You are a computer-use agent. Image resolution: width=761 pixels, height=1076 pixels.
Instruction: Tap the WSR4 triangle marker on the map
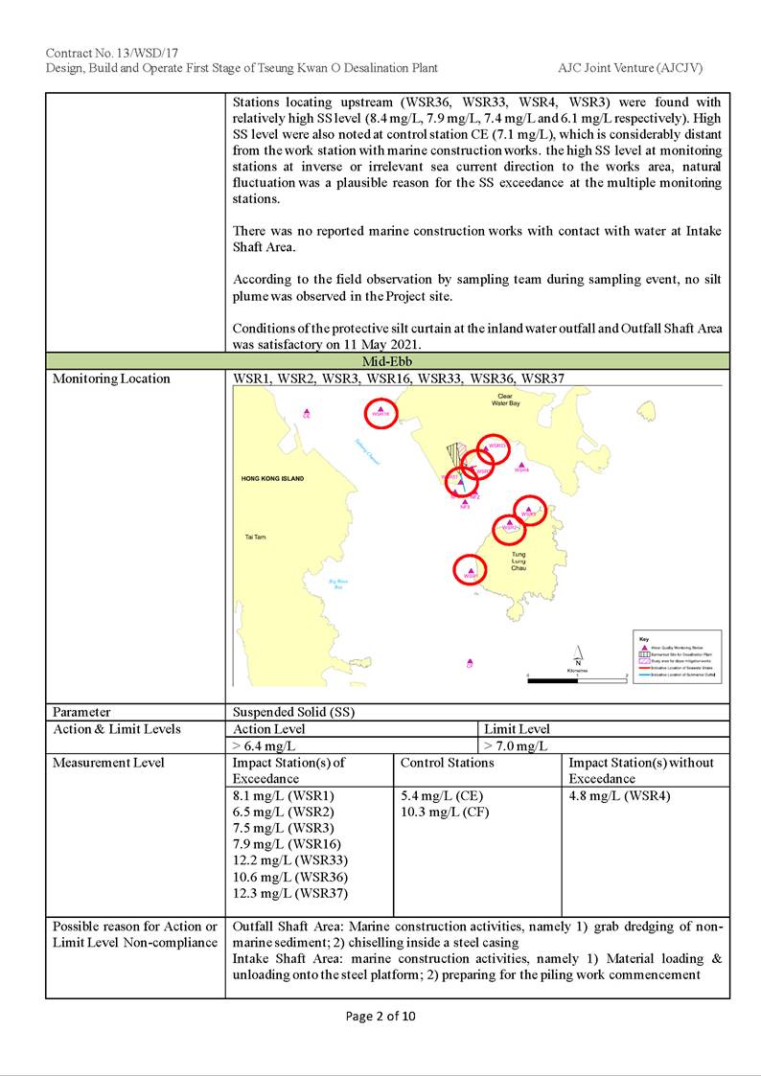(x=520, y=464)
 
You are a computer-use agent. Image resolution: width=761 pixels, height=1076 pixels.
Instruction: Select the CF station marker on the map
(x=470, y=661)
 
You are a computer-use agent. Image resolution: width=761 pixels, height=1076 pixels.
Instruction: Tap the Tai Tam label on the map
(x=255, y=538)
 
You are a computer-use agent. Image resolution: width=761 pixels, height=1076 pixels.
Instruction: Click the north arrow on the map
(x=578, y=653)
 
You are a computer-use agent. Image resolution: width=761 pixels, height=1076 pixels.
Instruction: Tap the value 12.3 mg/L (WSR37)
(x=290, y=893)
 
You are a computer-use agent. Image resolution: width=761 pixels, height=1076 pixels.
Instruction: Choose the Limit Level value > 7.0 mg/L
(x=516, y=745)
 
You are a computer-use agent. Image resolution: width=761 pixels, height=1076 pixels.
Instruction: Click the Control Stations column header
(x=447, y=763)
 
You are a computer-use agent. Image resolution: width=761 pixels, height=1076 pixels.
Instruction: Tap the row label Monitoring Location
(x=111, y=378)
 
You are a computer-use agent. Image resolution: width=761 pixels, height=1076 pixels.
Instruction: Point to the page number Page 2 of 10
(x=380, y=1017)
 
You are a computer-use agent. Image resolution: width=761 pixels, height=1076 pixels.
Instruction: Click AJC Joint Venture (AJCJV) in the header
(x=634, y=68)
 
